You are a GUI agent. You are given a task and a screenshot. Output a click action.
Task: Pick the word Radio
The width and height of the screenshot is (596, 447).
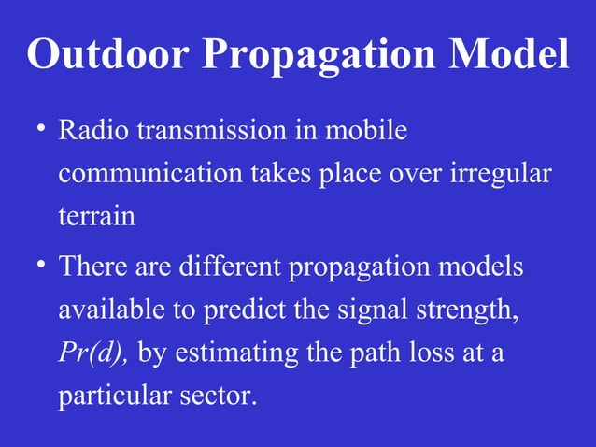click(x=94, y=131)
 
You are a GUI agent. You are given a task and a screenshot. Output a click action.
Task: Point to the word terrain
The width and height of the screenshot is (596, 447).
click(x=96, y=217)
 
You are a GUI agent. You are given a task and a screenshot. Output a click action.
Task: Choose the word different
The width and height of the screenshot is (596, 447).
click(x=230, y=267)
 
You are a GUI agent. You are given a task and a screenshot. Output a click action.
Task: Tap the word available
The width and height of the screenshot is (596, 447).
click(x=112, y=310)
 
